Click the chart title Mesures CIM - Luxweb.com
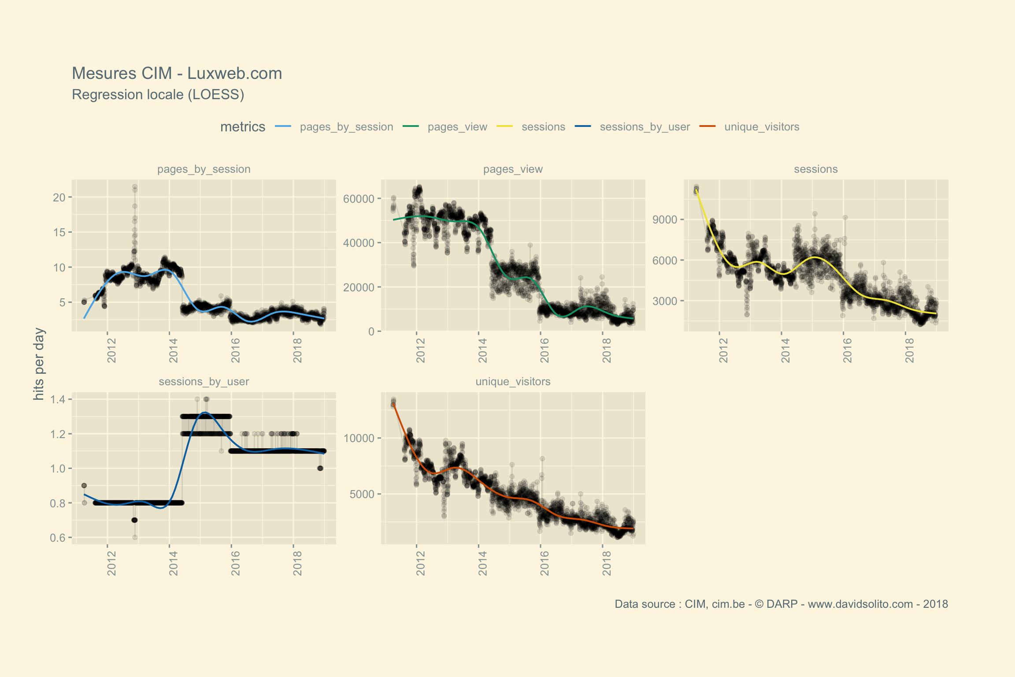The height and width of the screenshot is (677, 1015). (x=177, y=74)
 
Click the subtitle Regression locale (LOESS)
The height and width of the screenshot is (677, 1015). (x=158, y=95)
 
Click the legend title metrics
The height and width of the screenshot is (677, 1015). (x=243, y=127)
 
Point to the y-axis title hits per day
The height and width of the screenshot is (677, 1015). (x=39, y=364)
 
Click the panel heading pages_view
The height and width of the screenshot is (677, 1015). (x=513, y=169)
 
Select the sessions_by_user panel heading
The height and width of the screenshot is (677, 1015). (x=204, y=382)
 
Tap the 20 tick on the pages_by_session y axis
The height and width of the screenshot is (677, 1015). (x=59, y=197)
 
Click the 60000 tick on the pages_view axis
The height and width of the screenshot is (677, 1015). (x=359, y=199)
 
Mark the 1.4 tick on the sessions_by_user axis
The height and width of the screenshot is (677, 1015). (x=58, y=400)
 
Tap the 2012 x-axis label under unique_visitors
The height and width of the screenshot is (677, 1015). (x=421, y=563)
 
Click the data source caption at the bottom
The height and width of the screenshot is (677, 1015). (x=781, y=604)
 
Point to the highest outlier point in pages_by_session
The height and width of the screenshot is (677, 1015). (x=135, y=186)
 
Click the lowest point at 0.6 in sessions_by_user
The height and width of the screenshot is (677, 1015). (x=135, y=537)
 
